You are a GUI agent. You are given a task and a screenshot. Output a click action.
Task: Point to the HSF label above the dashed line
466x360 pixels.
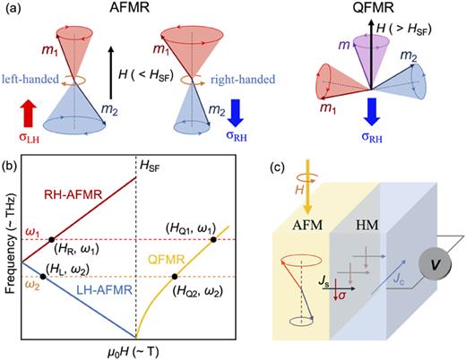146,167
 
